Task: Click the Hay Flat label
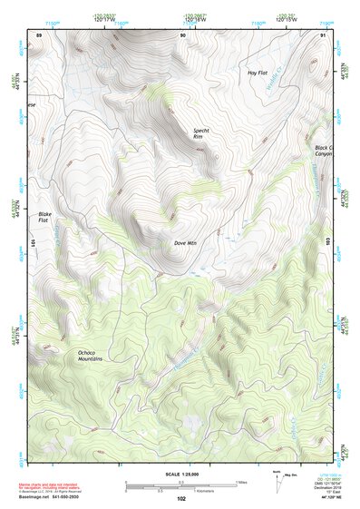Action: point(258,72)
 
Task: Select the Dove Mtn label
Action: point(185,243)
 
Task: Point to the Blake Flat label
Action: point(44,217)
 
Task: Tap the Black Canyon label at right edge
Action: point(324,151)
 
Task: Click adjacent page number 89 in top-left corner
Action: point(38,34)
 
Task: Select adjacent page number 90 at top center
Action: point(183,34)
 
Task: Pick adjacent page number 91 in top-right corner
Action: point(324,34)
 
